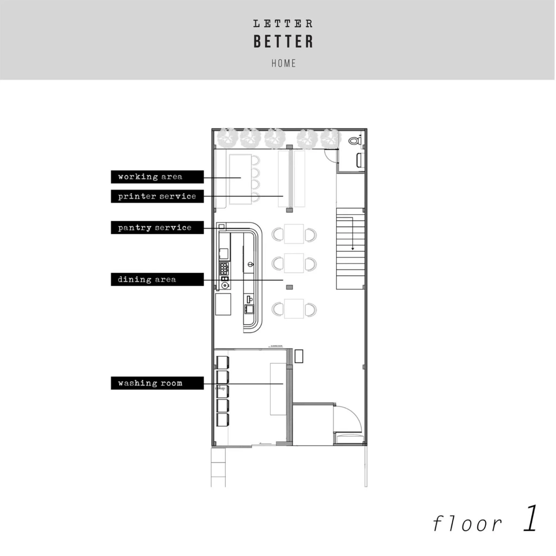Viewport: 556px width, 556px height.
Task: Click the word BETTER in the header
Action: (x=283, y=42)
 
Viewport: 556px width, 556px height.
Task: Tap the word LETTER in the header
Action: (x=283, y=24)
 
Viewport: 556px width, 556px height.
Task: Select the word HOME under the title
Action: (x=284, y=63)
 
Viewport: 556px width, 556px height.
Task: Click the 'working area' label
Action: (x=157, y=177)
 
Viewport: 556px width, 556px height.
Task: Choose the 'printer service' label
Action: (x=157, y=196)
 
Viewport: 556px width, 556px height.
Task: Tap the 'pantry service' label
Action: (x=157, y=228)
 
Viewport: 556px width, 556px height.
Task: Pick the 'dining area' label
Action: (x=157, y=279)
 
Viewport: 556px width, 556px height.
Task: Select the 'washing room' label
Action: (x=157, y=383)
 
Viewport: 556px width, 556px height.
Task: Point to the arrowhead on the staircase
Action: (x=353, y=249)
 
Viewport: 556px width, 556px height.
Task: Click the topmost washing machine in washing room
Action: (x=223, y=362)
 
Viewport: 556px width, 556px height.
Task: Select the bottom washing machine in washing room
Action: (x=223, y=420)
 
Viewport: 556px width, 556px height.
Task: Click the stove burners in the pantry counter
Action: (x=224, y=268)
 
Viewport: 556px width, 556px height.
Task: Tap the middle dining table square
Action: (x=294, y=263)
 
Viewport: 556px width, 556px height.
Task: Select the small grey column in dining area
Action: (x=289, y=287)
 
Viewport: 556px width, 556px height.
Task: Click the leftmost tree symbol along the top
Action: (x=227, y=138)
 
